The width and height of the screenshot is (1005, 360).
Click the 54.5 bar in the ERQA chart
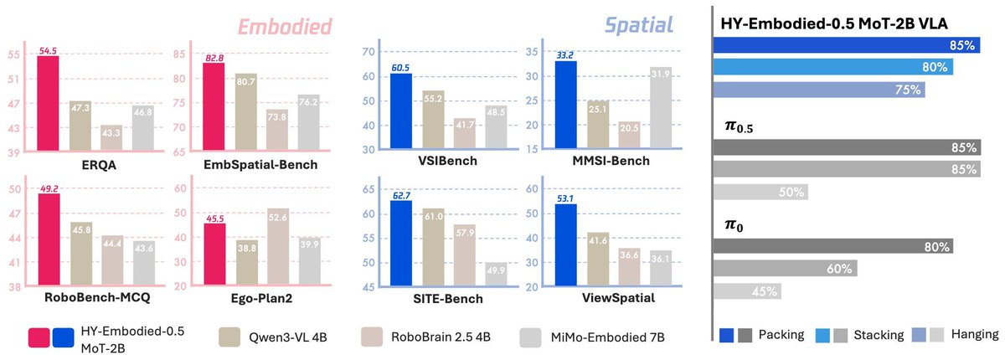coord(48,104)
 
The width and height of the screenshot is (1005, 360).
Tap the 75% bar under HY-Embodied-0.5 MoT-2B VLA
coord(818,90)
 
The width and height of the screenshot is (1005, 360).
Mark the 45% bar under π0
coord(747,291)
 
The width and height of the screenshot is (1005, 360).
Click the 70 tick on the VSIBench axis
coord(366,52)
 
